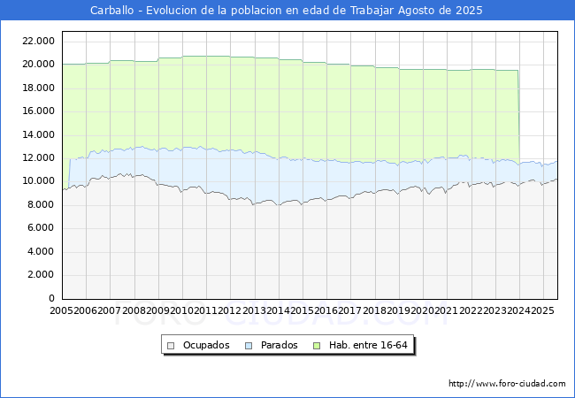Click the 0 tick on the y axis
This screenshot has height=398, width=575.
coord(53,298)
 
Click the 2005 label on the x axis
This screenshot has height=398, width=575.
coord(62,310)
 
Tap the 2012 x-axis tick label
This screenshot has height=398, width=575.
coord(230,310)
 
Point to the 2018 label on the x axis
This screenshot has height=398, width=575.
coord(374,310)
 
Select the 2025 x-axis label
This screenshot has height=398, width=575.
coord(542,310)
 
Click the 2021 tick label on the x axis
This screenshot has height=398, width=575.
coord(446,310)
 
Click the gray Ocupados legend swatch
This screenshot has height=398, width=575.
coord(171,345)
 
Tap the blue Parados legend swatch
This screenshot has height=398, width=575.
coord(249,345)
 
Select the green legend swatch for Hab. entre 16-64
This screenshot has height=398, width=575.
coord(318,345)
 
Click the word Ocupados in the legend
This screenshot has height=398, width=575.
coord(206,345)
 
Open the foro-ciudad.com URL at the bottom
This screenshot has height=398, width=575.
coord(507,384)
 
